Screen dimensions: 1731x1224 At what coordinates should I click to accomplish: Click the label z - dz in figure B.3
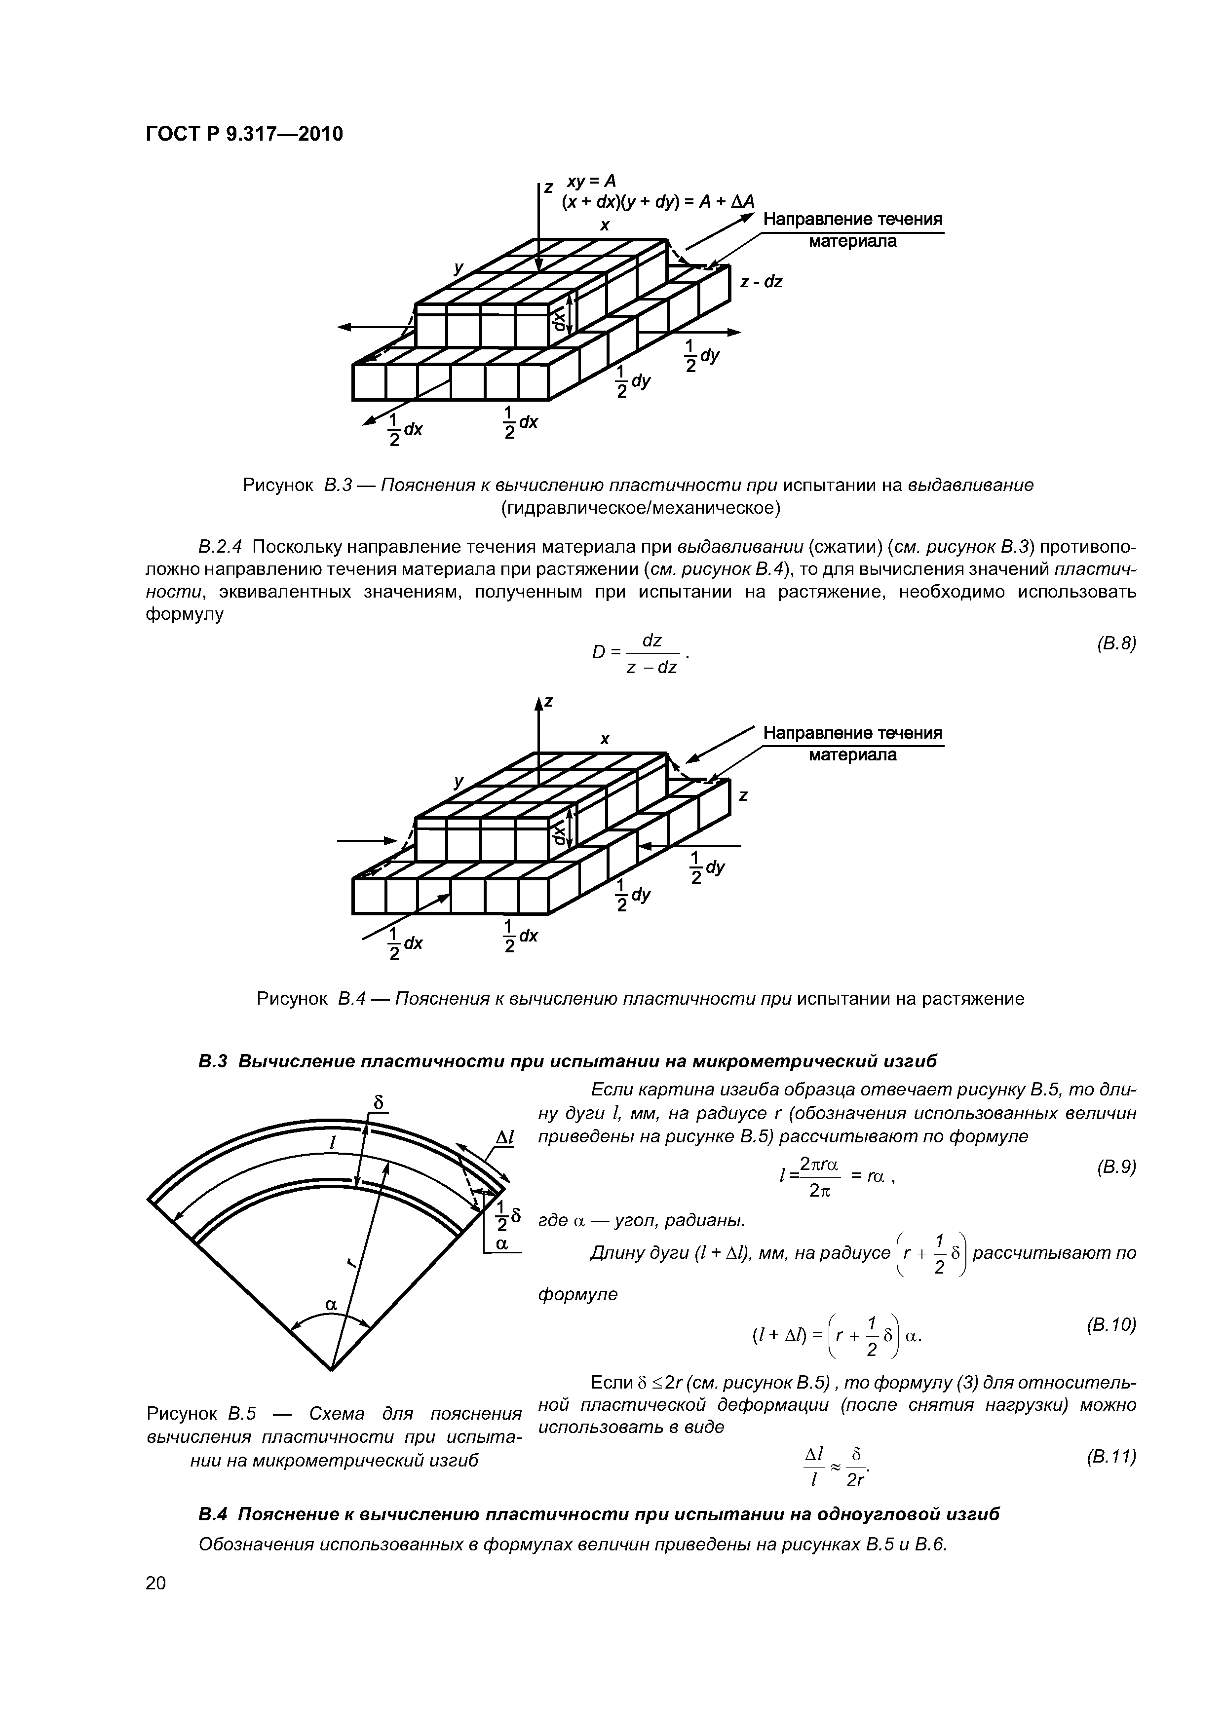(761, 282)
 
